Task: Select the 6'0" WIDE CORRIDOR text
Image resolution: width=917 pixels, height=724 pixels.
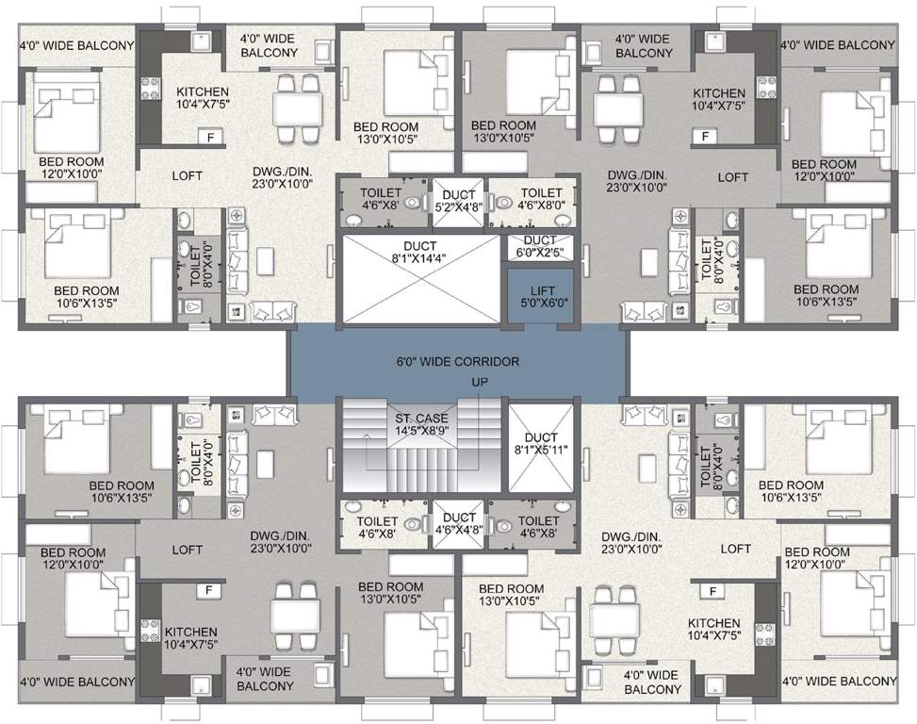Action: point(458,361)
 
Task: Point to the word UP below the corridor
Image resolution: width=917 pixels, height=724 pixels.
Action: point(481,382)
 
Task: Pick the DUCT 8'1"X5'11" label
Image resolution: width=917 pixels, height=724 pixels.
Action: point(541,444)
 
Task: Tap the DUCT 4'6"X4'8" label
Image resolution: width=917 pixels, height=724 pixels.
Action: point(459,523)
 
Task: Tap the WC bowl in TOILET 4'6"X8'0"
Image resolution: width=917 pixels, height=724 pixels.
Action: point(503,201)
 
